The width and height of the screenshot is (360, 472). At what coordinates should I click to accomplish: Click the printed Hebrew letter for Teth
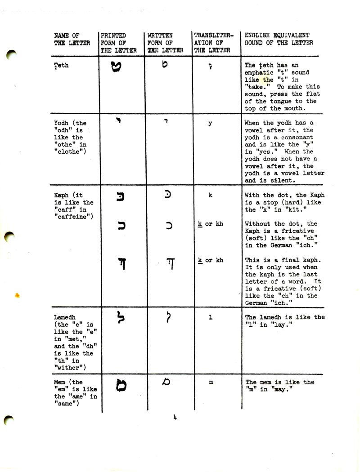[116, 68]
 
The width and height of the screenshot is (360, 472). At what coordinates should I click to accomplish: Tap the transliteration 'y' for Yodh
[210, 123]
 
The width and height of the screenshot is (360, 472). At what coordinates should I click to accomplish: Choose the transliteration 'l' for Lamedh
[211, 317]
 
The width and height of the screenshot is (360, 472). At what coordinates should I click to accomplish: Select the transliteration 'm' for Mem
[211, 382]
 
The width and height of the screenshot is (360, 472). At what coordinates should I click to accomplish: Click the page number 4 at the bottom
[175, 418]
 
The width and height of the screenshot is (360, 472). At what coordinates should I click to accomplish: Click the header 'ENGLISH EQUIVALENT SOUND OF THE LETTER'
[279, 39]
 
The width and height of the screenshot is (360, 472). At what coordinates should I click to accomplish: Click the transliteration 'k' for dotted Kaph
[210, 196]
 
